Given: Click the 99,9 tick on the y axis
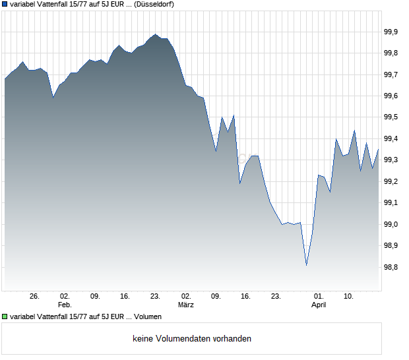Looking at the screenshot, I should click(391, 32).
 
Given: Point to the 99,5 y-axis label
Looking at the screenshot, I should click(391, 117).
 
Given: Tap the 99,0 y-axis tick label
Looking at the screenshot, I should click(391, 225).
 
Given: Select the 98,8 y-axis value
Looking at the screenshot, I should click(391, 268).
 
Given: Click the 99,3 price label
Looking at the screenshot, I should click(391, 160).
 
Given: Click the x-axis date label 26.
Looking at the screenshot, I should click(35, 297).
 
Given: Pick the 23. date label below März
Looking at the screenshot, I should click(276, 297).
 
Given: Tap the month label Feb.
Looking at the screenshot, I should click(65, 305).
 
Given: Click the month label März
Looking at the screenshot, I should click(186, 305).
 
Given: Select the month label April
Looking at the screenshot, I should click(319, 305).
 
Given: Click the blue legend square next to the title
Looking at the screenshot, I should click(5, 5).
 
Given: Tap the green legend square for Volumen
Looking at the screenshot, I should click(5, 317).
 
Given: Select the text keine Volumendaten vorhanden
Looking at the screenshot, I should click(191, 339).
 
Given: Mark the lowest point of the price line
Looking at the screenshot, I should click(306, 265).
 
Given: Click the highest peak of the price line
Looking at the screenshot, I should click(155, 34).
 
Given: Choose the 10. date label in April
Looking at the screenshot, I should click(349, 297).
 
